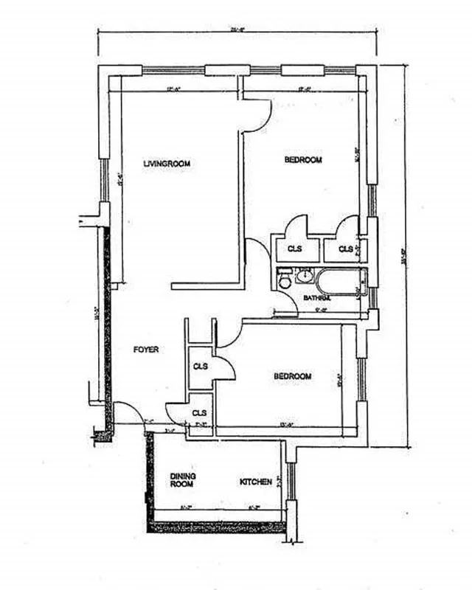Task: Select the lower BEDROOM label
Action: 293,376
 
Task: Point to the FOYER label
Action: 147,349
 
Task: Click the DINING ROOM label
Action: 182,480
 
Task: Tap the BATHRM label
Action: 316,298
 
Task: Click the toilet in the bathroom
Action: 284,280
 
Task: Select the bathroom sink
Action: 304,278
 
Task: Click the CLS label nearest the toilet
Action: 294,249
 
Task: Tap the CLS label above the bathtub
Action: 345,249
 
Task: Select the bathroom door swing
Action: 285,304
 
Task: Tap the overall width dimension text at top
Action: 237,30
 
